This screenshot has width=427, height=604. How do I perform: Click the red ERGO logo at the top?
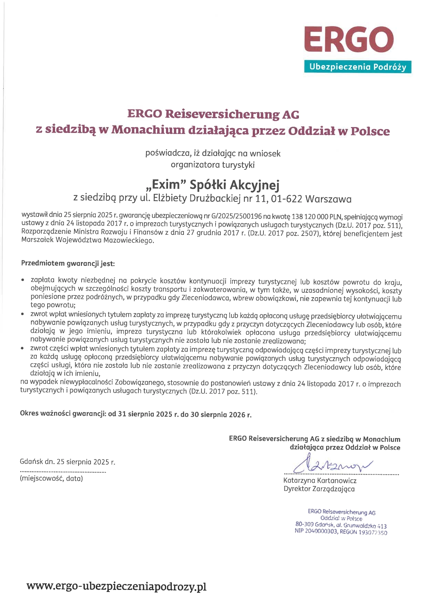[x=349, y=39]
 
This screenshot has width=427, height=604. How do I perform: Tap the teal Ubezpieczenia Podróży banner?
[x=357, y=67]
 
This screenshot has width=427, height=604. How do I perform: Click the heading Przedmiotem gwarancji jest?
[x=68, y=263]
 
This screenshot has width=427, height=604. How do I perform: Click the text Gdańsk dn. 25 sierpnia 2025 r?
[x=67, y=462]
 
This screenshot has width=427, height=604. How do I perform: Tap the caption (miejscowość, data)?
[x=51, y=478]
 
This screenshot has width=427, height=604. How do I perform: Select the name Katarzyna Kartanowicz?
[x=320, y=480]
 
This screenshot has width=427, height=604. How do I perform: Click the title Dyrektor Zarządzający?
[x=319, y=489]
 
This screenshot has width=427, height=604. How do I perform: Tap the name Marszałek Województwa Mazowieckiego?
[x=87, y=240]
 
